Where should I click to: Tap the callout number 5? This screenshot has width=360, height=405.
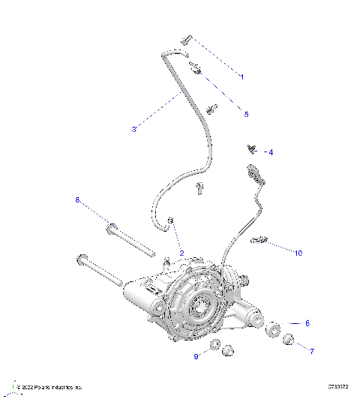(246, 114)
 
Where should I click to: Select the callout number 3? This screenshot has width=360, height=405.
(133, 129)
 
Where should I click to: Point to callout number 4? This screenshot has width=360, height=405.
(271, 152)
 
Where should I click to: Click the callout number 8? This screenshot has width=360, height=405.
(76, 199)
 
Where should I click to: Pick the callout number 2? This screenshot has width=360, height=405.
(181, 253)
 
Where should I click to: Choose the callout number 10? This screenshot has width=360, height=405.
(298, 253)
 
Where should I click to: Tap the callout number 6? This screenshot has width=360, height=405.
(306, 323)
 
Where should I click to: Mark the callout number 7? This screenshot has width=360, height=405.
(312, 349)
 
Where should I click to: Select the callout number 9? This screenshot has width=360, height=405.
(197, 357)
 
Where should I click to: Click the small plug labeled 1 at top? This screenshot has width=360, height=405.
(186, 40)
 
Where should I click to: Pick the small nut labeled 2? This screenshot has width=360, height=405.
(171, 220)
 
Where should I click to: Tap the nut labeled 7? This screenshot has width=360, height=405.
(288, 340)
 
